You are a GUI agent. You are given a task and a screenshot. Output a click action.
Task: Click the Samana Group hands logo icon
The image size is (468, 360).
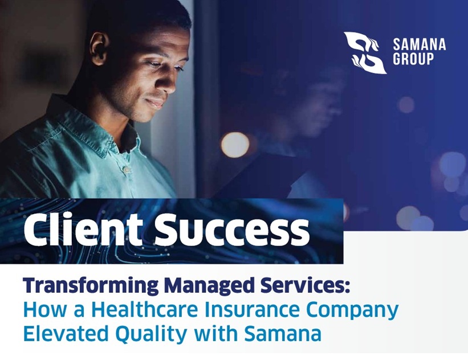click(x=365, y=53)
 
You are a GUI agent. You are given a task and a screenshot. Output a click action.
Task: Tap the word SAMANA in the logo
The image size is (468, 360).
click(x=420, y=44)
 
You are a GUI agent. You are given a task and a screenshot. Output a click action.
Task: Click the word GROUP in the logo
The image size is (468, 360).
click(x=413, y=59)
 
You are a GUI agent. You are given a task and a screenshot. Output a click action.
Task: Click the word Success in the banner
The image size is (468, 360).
click(x=232, y=230)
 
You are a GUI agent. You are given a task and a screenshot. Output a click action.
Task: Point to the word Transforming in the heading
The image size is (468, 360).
click(x=91, y=286)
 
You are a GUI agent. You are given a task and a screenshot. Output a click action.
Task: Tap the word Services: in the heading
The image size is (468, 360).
click(x=305, y=285)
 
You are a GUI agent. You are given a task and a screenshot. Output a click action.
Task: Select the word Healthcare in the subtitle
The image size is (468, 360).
click(x=146, y=309)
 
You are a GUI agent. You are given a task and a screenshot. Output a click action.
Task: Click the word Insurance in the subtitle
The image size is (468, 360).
click(x=252, y=310)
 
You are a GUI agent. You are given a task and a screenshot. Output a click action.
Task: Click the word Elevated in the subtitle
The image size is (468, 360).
click(x=66, y=333)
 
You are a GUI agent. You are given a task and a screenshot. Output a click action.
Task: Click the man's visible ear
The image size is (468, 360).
click(x=99, y=48)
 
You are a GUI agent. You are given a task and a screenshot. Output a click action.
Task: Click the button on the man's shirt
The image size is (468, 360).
click(x=127, y=169)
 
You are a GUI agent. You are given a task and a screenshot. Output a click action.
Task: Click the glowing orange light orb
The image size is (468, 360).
click(x=235, y=145)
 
